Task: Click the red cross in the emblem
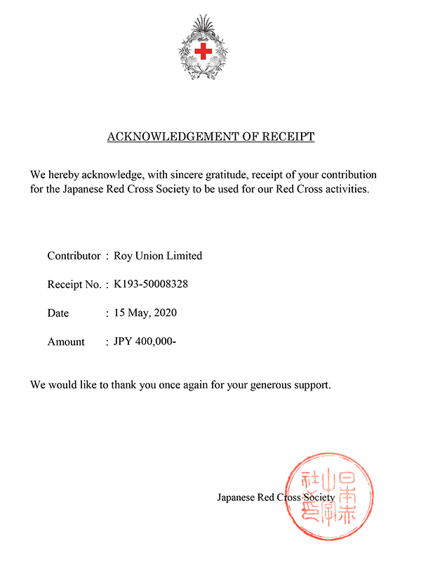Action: click(204, 51)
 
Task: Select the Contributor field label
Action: click(74, 256)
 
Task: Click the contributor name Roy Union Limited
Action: click(158, 256)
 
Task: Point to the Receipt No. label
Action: click(74, 285)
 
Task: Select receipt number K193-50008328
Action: click(151, 285)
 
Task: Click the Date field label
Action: click(58, 313)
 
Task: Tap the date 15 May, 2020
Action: click(145, 313)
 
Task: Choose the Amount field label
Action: click(66, 342)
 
